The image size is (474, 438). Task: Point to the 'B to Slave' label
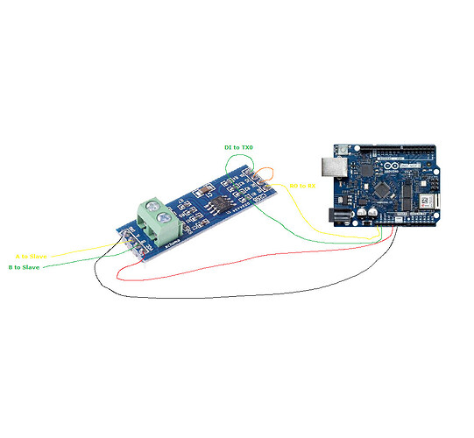(28, 266)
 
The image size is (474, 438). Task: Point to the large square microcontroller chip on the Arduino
(385, 189)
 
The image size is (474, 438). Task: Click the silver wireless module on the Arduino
(424, 203)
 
